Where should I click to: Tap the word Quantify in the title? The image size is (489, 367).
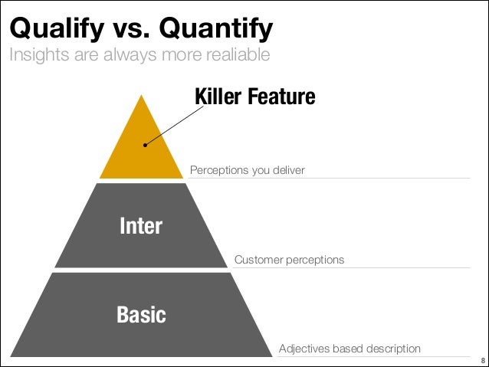[216, 29]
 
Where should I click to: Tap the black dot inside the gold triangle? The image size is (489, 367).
[145, 144]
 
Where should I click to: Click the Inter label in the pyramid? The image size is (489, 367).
[141, 225]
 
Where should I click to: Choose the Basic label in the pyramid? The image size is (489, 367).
[141, 314]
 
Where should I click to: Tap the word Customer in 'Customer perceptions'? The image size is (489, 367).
[258, 260]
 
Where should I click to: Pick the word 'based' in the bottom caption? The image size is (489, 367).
[346, 349]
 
